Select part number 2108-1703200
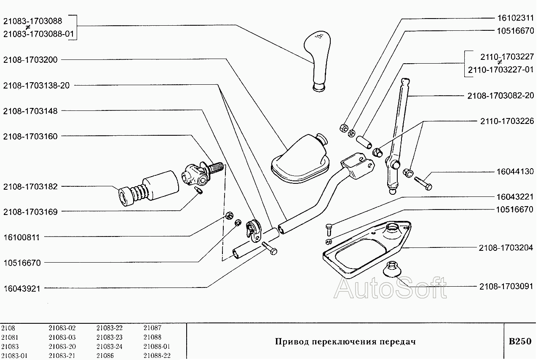click(30, 60)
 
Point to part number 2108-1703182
click(30, 187)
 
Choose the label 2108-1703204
click(506, 247)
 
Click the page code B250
click(520, 341)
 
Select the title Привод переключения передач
click(345, 341)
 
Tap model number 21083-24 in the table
click(109, 347)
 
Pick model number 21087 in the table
click(152, 328)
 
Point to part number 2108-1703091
click(506, 287)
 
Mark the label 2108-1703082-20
click(500, 96)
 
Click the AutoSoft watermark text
click(390, 288)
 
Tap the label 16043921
click(21, 289)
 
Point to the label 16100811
click(21, 237)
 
